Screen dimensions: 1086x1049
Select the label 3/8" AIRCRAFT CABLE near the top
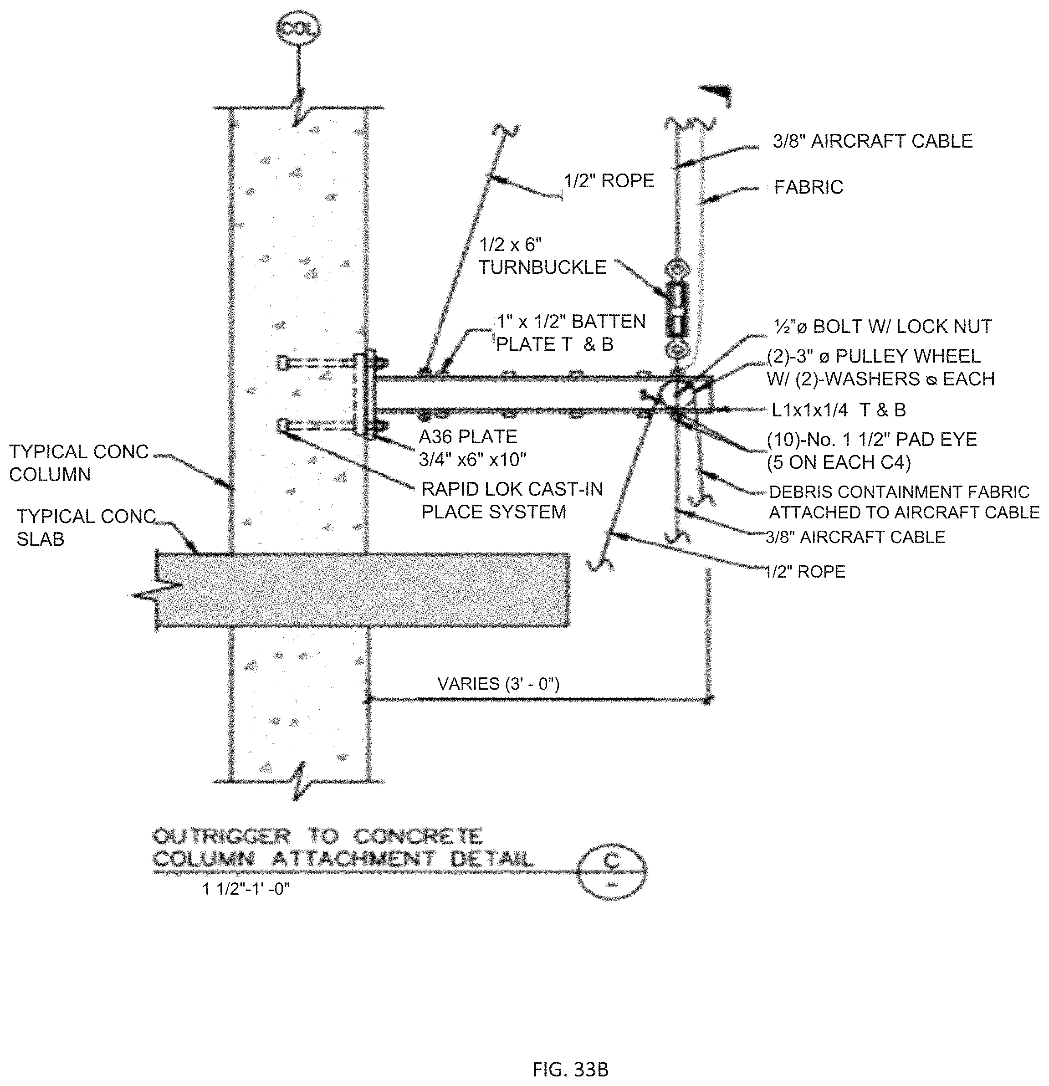[x=872, y=141]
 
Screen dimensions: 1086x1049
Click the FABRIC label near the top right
[x=808, y=187]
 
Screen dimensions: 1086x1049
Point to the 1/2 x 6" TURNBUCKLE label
[x=542, y=256]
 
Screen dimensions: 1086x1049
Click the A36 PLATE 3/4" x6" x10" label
[x=471, y=448]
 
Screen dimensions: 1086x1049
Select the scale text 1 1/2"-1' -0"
[x=246, y=889]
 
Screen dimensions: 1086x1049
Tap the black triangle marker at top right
[x=717, y=94]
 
